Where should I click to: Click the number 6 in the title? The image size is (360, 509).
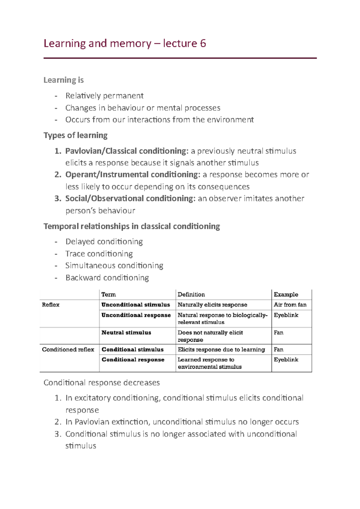click(203, 43)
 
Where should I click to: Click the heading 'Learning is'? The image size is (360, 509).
click(63, 80)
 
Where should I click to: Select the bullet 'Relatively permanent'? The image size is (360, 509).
click(104, 96)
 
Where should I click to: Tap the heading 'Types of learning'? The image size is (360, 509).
click(75, 135)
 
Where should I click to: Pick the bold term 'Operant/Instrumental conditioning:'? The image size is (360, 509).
click(133, 174)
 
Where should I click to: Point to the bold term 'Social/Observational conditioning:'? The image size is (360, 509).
click(130, 198)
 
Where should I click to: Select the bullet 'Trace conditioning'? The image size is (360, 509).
click(99, 254)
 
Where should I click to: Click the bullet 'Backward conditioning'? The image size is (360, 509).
click(107, 278)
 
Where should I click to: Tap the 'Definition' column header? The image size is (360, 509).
click(191, 294)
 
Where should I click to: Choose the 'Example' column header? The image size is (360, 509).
click(286, 294)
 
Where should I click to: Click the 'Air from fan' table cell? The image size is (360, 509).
click(290, 305)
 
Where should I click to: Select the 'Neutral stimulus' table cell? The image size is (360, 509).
click(126, 332)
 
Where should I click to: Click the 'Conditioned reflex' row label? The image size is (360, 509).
click(68, 350)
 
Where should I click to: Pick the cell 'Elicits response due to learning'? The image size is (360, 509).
click(221, 350)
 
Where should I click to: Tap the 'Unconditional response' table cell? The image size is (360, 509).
click(136, 315)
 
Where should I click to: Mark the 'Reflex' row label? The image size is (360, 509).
click(51, 305)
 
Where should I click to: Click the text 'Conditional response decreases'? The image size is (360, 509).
click(102, 383)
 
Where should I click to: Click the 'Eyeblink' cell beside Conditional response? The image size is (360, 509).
click(286, 359)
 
